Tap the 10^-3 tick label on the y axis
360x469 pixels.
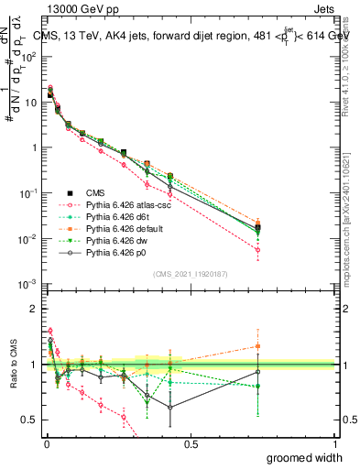coord(29,286)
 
